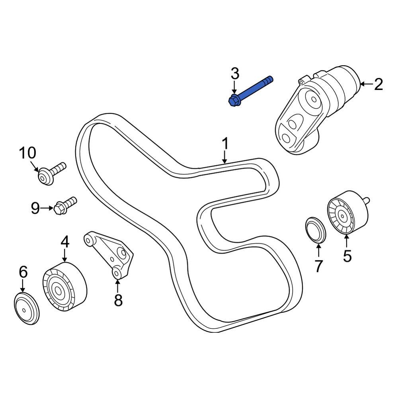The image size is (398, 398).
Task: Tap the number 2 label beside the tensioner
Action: click(x=378, y=84)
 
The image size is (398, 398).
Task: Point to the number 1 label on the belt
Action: click(x=225, y=144)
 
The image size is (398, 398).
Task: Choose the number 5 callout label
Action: click(x=347, y=256)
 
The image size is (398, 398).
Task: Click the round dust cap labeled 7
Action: click(x=315, y=230)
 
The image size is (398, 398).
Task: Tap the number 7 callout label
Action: click(x=318, y=266)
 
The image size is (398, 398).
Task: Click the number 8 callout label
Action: click(x=118, y=300)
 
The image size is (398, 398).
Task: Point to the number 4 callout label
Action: click(x=65, y=241)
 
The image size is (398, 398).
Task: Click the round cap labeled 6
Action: click(x=26, y=307)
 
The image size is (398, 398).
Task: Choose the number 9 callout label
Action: click(x=35, y=208)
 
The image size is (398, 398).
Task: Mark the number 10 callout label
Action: click(x=28, y=153)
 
